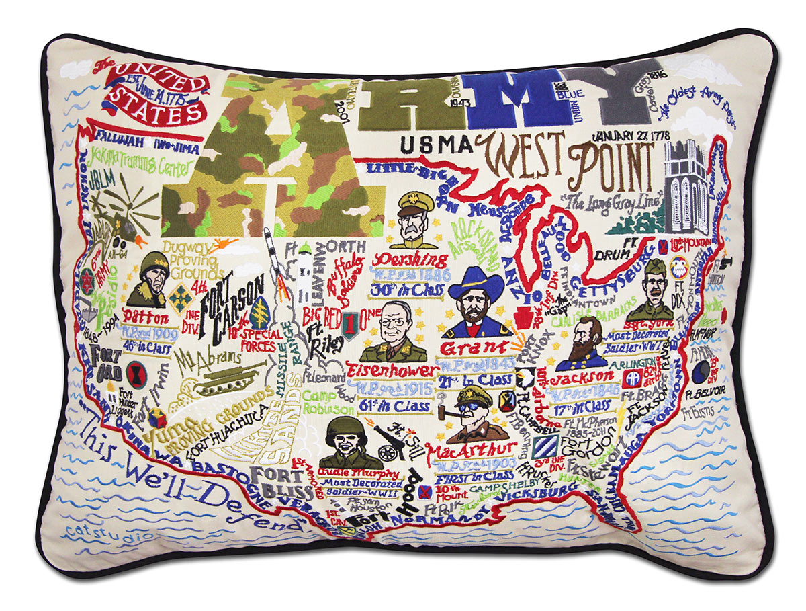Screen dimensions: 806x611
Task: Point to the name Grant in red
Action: pyautogui.click(x=473, y=348)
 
